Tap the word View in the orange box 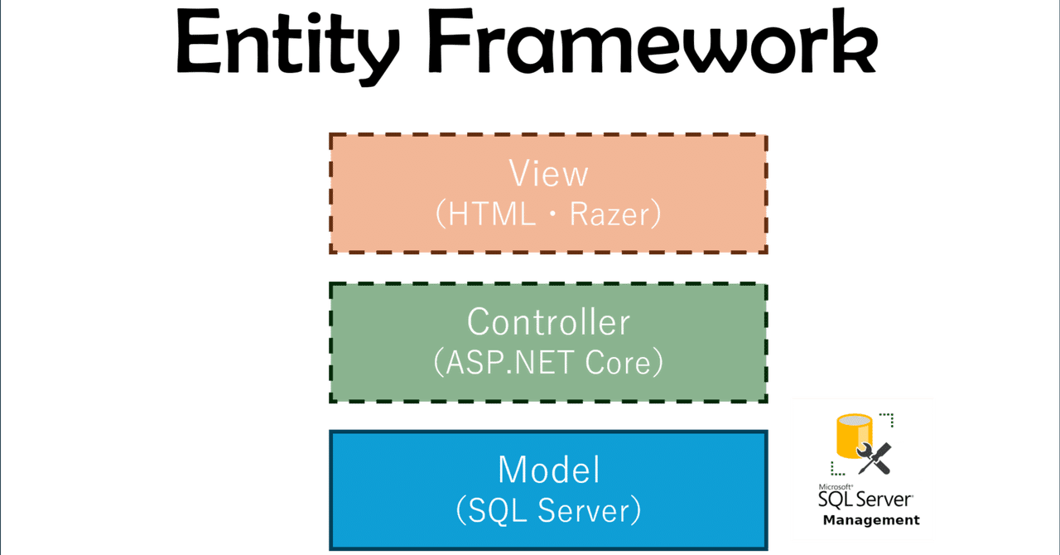(x=548, y=174)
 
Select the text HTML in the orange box (x=492, y=215)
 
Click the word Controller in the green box (x=548, y=321)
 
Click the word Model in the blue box (x=548, y=470)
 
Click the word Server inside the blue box (x=585, y=511)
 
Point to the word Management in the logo (x=871, y=520)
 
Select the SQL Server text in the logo (x=865, y=499)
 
